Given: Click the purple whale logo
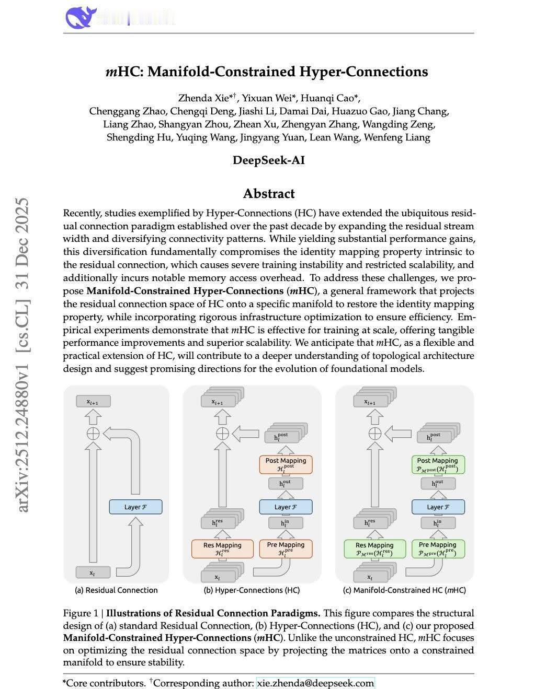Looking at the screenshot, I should (x=81, y=17).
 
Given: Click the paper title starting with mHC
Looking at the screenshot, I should (x=267, y=72).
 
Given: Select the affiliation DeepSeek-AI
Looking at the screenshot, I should (x=268, y=160).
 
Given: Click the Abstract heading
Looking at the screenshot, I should (x=269, y=194).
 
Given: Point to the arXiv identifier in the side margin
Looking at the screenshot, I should (x=22, y=355).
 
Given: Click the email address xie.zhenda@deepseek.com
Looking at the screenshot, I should (x=315, y=683).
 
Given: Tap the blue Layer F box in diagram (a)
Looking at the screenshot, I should (x=135, y=507).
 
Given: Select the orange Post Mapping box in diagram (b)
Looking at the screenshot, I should (x=286, y=464).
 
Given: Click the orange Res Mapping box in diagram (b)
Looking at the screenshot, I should (x=222, y=548).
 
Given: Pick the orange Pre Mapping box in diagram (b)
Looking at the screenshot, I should (x=286, y=548).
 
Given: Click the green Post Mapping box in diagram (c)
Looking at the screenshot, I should (x=438, y=464).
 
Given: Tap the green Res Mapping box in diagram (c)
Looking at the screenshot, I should (x=374, y=548).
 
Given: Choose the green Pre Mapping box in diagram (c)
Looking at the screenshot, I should (x=438, y=548).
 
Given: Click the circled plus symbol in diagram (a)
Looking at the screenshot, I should (x=93, y=433).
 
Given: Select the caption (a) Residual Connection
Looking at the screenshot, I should (x=116, y=590).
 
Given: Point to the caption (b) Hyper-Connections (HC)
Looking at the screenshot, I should (x=252, y=590).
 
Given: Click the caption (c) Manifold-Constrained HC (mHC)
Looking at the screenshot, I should (x=404, y=590).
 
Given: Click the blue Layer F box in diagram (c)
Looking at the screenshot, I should (x=438, y=507).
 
